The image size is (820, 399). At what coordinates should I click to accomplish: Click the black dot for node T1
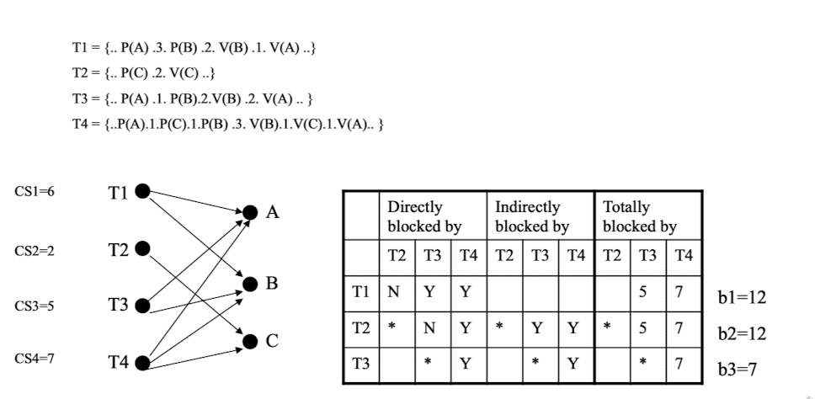pos(142,191)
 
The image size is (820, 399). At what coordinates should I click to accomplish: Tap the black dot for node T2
pos(142,248)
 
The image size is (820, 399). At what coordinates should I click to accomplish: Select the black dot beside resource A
pos(250,212)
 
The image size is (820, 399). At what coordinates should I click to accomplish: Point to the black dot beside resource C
pos(250,341)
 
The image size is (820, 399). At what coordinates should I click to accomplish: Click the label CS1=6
pos(35,193)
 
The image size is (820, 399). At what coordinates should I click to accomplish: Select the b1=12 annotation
pos(742,297)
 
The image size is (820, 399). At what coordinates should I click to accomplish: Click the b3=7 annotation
pos(737,369)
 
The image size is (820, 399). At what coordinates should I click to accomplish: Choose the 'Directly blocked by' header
pos(425,215)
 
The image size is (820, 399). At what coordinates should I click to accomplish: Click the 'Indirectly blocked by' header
pos(532,215)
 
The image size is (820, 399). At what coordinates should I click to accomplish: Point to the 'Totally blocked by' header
pos(640,215)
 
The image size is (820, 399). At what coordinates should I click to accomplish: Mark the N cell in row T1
pos(392,293)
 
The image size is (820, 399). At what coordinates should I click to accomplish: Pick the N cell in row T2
pos(429,328)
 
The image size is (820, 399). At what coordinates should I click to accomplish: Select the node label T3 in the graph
pos(119,305)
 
